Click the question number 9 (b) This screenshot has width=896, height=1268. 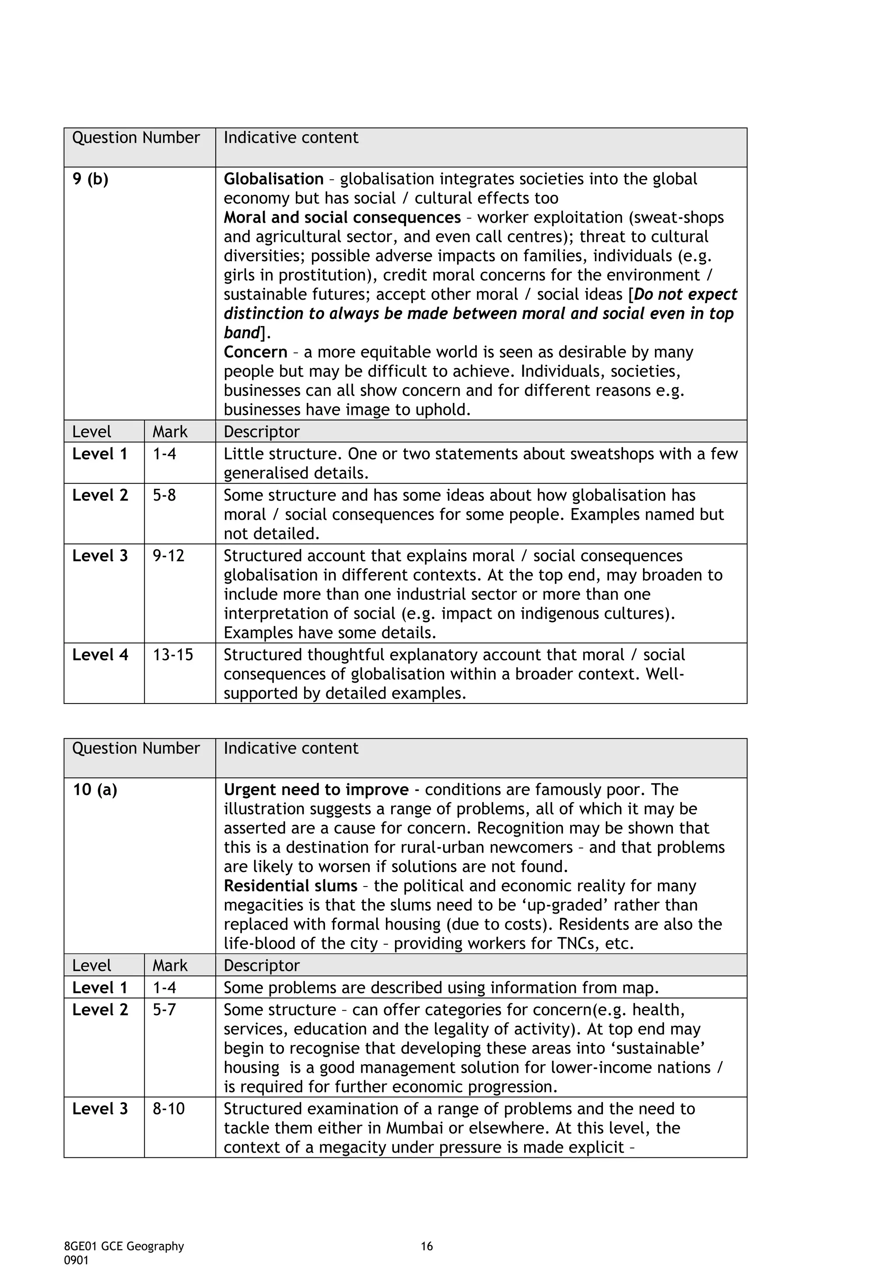pos(90,179)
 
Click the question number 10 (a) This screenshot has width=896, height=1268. pos(94,790)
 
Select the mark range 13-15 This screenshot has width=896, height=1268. pos(173,655)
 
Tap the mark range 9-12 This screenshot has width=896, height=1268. pos(168,556)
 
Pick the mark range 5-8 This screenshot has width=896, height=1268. pos(164,495)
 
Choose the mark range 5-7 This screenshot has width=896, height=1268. pos(164,1009)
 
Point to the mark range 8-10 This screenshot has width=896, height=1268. pos(168,1109)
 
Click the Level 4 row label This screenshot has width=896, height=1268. pos(100,655)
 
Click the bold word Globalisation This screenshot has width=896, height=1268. pos(273,179)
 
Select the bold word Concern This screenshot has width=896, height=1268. pos(255,352)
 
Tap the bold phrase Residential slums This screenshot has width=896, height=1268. pos(290,886)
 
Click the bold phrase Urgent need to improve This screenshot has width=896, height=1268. pos(316,790)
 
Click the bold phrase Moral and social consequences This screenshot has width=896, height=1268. pos(342,217)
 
